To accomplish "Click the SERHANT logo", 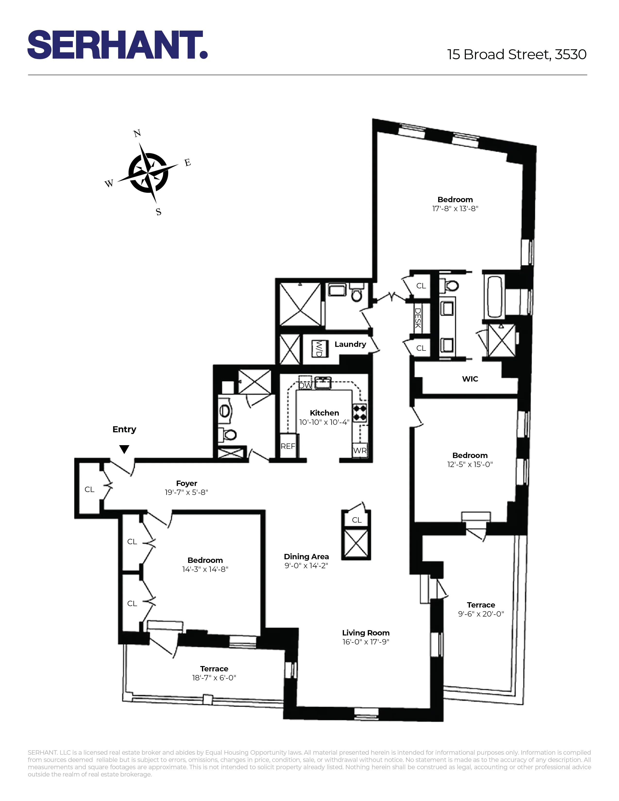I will coord(117,45).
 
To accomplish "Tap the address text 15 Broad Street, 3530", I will coord(516,54).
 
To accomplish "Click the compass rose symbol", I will coord(148,172).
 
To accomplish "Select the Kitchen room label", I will coord(324,413).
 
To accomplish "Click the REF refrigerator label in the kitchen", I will coord(288,446).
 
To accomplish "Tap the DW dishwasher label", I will coord(305,385).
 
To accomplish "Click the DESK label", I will coord(417,318).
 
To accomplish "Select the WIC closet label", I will coord(470,379).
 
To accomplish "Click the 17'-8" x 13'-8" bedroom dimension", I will coord(455,209).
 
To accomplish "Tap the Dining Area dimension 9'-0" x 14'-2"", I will coord(306,566).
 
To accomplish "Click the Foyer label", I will coord(186,483).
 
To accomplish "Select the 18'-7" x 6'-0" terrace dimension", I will coord(214,678).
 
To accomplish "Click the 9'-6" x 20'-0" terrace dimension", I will coord(481,614).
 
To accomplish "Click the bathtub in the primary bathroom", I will coord(494,297).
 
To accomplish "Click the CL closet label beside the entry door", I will coord(90,489).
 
